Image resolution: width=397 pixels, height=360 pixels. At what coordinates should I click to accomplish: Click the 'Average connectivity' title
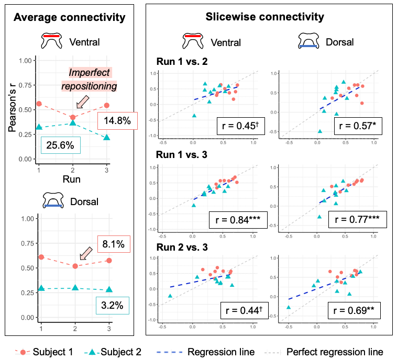70,17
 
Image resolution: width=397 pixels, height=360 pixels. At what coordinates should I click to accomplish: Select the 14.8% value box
117,121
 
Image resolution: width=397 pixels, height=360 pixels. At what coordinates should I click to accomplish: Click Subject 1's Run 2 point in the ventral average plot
73,117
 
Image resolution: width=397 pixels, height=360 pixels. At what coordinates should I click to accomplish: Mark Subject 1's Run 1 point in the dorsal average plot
41,257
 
